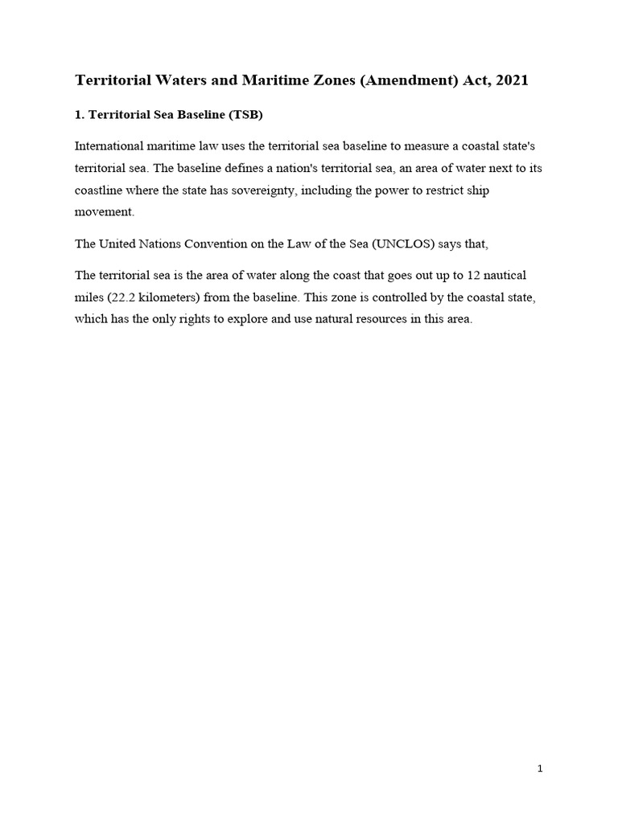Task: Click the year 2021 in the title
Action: coord(511,81)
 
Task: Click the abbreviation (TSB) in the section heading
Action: coord(245,116)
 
